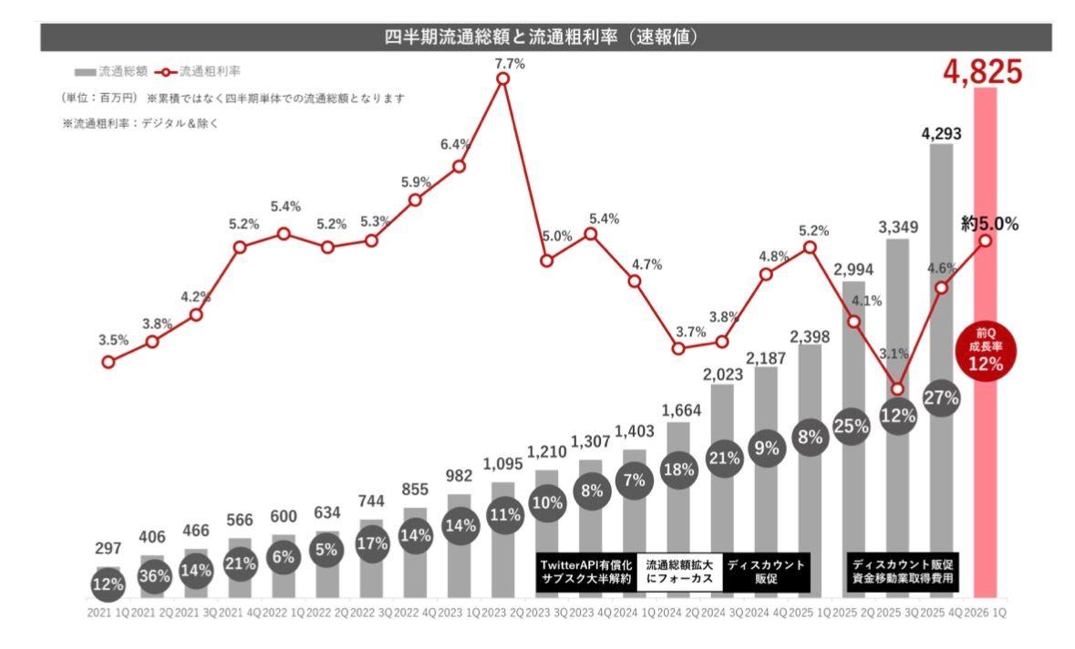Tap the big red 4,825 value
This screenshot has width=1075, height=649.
(x=984, y=71)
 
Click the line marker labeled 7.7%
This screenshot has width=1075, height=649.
(x=502, y=79)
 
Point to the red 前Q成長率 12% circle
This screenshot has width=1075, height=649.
(x=986, y=351)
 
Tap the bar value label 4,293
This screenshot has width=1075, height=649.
(x=942, y=134)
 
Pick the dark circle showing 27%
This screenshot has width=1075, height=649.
(x=942, y=397)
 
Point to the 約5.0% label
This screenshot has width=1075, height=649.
(x=990, y=222)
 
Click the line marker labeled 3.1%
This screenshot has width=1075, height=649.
(x=897, y=389)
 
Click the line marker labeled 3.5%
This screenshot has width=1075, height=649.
(x=109, y=362)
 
